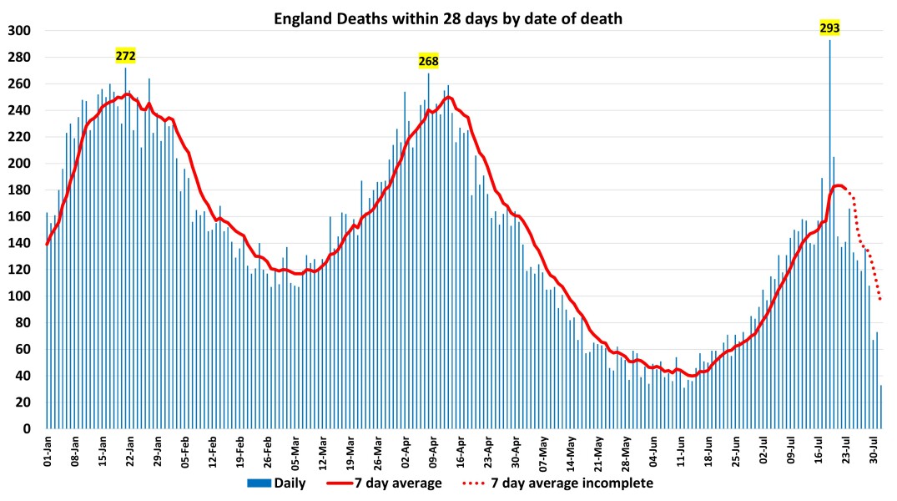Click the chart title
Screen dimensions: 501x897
tap(448, 18)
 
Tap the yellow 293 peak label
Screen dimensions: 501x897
tap(829, 28)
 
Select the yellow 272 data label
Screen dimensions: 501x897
tap(126, 56)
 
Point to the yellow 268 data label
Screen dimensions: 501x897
tap(429, 61)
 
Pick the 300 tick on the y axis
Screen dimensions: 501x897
tap(19, 31)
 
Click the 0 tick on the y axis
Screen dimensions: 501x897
tap(28, 429)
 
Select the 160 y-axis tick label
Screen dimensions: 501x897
tap(19, 217)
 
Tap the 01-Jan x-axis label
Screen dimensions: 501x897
tap(48, 450)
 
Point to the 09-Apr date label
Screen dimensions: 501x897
tap(433, 450)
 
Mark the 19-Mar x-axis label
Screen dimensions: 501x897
tap(350, 450)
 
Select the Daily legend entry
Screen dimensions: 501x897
tap(290, 483)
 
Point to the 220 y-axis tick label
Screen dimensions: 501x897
tap(19, 137)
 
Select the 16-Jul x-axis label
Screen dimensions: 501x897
tap(819, 450)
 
